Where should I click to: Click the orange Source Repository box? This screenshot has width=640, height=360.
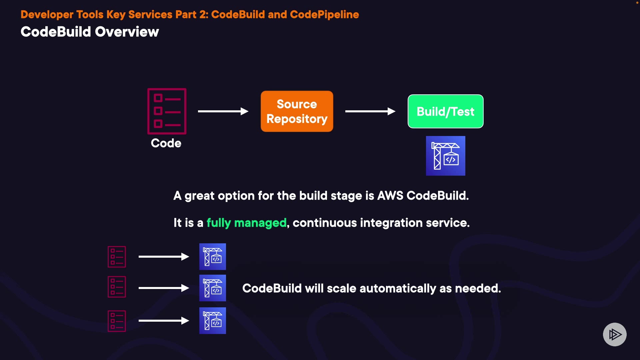297,111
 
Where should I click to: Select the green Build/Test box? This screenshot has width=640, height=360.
445,111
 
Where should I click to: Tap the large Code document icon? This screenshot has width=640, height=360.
167,111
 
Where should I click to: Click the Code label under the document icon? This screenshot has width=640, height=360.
166,143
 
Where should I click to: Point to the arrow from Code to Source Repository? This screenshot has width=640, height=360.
223,111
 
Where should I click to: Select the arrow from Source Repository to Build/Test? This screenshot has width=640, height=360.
370,111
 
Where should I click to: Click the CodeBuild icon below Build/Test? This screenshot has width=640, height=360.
445,156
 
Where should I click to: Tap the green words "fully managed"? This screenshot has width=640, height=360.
246,223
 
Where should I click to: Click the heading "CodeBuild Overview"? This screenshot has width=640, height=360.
90,32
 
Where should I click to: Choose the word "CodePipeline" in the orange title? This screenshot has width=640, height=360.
324,15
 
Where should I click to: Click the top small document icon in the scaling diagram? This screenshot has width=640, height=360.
117,257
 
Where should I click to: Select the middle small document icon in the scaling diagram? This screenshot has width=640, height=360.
117,287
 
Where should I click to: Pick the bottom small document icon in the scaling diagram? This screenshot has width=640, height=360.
117,321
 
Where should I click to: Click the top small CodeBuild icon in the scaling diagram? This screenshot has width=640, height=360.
213,257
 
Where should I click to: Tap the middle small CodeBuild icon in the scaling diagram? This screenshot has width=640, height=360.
213,288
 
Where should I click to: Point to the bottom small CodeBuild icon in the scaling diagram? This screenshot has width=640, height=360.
213,321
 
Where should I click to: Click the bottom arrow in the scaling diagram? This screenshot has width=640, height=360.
164,321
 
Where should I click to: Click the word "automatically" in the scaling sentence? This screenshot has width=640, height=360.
398,288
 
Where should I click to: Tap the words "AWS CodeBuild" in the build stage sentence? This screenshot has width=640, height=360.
423,196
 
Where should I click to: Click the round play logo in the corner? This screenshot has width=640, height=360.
615,334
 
